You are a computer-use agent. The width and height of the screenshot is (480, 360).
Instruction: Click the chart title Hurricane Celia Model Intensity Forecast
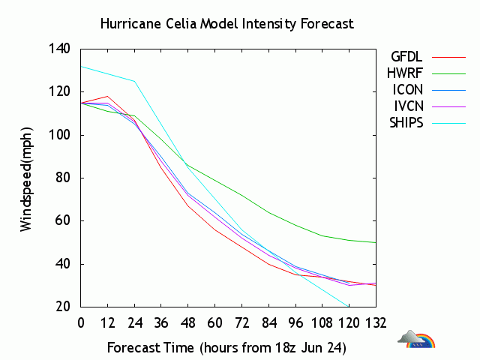(x=226, y=24)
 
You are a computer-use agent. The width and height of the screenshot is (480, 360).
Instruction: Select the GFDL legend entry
(x=406, y=56)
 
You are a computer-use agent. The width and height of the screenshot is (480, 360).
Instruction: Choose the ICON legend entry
(x=407, y=90)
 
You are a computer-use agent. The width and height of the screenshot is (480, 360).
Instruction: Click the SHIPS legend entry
(x=406, y=123)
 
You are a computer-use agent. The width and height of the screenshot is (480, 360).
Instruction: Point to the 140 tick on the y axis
(x=59, y=49)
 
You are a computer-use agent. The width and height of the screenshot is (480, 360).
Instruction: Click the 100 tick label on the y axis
(x=59, y=135)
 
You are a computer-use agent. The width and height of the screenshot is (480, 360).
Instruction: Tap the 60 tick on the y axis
(x=62, y=221)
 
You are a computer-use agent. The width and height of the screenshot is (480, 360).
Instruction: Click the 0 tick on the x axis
(x=81, y=323)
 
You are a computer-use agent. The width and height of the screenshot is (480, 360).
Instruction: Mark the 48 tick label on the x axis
(x=188, y=323)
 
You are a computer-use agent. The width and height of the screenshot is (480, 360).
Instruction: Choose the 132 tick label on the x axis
(x=376, y=323)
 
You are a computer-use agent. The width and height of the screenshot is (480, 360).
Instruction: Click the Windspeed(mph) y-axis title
(x=27, y=178)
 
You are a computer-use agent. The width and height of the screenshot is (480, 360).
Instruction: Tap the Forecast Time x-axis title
(x=226, y=348)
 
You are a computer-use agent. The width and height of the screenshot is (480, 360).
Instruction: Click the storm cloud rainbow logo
(x=418, y=340)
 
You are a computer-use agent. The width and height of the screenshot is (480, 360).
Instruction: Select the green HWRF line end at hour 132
(x=375, y=242)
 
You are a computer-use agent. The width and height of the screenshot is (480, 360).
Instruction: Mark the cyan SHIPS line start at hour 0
(x=82, y=66)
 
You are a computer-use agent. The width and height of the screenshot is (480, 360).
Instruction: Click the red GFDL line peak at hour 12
(x=108, y=96)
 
